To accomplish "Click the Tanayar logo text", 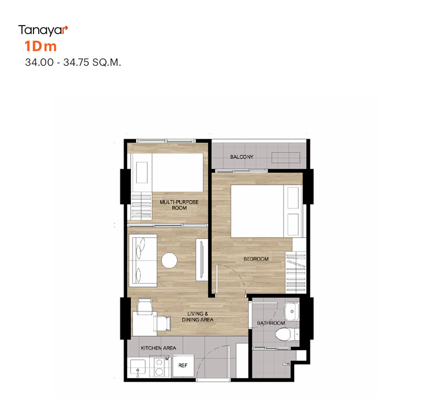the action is click(43, 30).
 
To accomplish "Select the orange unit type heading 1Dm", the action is click(41, 46).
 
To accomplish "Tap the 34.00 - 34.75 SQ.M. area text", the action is click(73, 62).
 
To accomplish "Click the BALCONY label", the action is click(242, 157).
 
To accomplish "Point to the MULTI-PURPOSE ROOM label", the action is click(179, 205).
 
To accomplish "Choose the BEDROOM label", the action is click(256, 259).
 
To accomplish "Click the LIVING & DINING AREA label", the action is click(197, 317).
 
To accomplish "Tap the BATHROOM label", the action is click(271, 323).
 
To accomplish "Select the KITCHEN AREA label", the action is click(158, 348).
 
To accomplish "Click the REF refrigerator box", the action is click(183, 365).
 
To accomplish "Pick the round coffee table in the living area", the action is click(169, 260).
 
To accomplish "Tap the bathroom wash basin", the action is click(292, 311).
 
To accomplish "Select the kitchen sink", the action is click(138, 367).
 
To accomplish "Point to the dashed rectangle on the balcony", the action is click(285, 158).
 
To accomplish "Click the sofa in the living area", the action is click(143, 261).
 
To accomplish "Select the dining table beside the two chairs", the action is click(145, 324).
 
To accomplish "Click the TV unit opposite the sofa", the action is click(202, 260).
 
